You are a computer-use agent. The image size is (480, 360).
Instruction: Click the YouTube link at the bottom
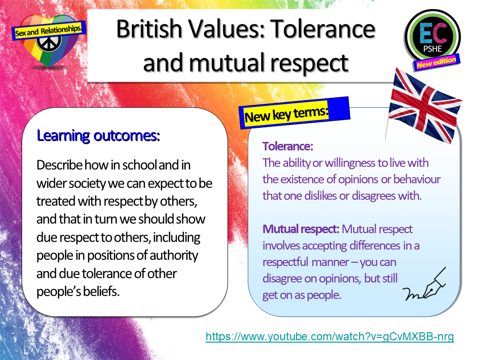330,337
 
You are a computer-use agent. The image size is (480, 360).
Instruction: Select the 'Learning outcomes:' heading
98,136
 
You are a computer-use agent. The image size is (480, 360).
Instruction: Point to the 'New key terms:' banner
286,114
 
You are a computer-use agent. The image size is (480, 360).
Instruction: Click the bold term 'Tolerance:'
288,146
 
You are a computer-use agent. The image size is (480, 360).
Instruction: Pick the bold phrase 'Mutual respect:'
301,229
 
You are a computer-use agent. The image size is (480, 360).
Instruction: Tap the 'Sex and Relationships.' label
49,30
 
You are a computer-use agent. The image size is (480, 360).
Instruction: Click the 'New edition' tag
436,62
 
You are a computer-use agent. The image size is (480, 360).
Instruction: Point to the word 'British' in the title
150,29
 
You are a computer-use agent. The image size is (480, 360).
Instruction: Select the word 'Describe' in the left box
59,165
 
